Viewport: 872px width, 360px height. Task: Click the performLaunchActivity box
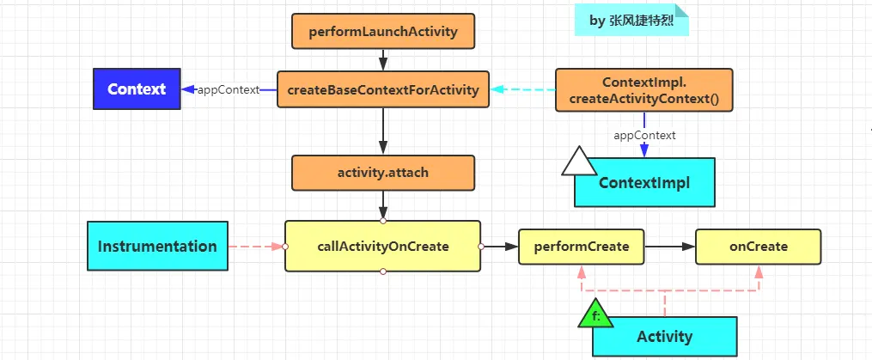[x=382, y=32]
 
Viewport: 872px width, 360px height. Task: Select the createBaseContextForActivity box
[x=383, y=89]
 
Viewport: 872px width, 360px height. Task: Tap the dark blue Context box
[x=137, y=89]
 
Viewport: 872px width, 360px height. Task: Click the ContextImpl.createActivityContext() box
[x=643, y=90]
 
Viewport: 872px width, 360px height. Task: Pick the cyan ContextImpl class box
[x=644, y=182]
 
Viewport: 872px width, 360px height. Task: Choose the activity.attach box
[x=382, y=172]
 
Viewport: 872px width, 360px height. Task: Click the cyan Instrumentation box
[x=157, y=247]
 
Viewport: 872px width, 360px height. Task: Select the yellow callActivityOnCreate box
[x=382, y=247]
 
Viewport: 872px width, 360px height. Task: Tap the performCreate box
[x=581, y=247]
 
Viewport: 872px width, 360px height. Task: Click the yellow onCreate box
[x=758, y=247]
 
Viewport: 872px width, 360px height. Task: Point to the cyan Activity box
[x=664, y=336]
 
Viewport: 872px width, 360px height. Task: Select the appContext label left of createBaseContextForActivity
[x=228, y=89]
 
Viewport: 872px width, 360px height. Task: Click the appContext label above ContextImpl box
[x=643, y=135]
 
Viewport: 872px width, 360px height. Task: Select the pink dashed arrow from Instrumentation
[x=256, y=247]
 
